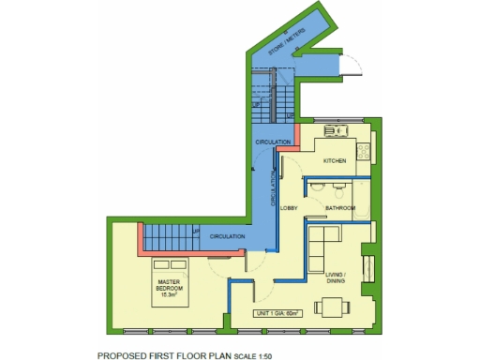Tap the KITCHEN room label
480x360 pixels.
tap(335, 161)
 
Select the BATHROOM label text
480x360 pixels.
tap(339, 207)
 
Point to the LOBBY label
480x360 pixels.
tap(289, 207)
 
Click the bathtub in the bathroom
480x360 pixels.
tap(362, 208)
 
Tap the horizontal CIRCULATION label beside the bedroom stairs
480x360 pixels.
tap(228, 236)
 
